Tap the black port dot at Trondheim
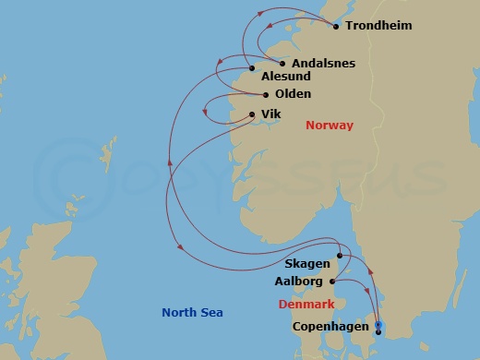335,26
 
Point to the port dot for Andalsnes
282,64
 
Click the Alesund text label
286,78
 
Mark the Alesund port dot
252,68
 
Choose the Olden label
293,94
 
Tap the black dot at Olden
266,94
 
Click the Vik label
270,114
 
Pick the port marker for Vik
251,114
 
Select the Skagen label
307,265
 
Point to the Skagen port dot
340,256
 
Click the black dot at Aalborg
332,282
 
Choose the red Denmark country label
306,304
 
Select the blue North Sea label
192,313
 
